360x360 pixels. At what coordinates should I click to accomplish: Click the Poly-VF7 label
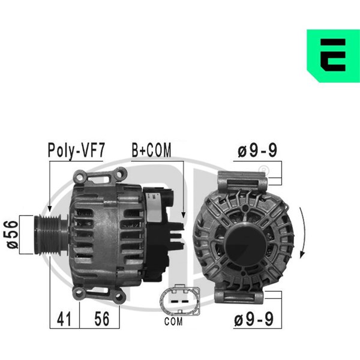tap(76, 151)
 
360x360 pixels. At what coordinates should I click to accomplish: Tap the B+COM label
tap(152, 150)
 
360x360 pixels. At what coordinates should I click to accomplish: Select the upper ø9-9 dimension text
tap(257, 150)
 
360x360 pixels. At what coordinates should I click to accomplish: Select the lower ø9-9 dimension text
tap(254, 319)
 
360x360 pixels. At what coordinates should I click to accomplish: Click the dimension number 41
tap(64, 319)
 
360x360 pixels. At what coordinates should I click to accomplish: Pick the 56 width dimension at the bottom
tap(102, 319)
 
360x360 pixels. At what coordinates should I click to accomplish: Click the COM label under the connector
tap(173, 322)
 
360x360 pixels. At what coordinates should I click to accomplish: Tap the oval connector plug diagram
tap(180, 300)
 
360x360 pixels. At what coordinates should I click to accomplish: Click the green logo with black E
tap(333, 56)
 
